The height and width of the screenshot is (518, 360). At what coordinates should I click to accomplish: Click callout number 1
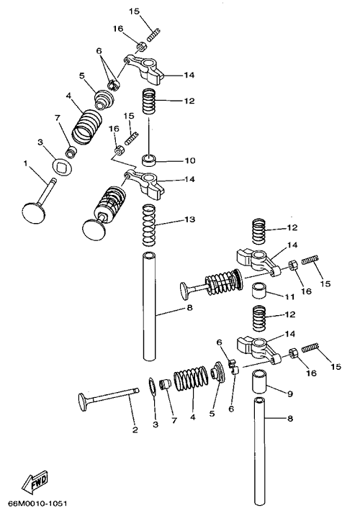pos(26,163)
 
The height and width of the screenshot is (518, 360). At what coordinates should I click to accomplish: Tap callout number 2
pos(135,430)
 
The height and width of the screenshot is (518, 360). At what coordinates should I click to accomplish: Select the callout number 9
pos(290,394)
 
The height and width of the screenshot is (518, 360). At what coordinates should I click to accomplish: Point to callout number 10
pos(189,161)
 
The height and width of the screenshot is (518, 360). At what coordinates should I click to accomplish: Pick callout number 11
pos(289,297)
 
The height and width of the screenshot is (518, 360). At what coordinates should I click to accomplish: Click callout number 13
pos(190,219)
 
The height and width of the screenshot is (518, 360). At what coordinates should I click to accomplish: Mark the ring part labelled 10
pos(149,160)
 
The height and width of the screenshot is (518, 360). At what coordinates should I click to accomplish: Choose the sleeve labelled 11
pos(259,291)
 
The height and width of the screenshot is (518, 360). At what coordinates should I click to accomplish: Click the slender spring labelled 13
pos(149,226)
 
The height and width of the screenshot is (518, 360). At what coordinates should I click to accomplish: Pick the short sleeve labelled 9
pos(259,381)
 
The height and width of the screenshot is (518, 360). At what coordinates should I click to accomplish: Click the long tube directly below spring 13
pos(149,306)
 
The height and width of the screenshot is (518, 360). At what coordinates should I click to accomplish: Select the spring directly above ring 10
pos(149,101)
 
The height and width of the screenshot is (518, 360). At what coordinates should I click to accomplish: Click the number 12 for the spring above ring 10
pos(189,101)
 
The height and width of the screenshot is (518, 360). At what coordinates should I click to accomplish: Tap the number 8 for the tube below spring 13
pos(189,308)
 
